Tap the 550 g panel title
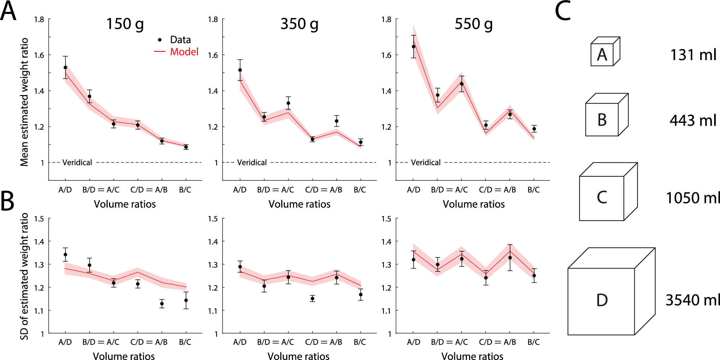tap(473, 24)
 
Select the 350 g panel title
tap(299, 24)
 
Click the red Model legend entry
tap(184, 52)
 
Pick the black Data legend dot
tap(160, 40)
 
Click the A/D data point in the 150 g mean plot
tap(65, 67)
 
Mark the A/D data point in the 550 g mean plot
tap(414, 46)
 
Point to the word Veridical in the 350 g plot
tap(252, 162)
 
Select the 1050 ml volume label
tap(692, 198)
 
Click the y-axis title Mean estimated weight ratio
tap(24, 102)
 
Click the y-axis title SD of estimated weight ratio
tap(24, 276)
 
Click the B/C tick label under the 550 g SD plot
tap(534, 342)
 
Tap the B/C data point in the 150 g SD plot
tap(186, 300)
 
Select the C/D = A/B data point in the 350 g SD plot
tap(312, 298)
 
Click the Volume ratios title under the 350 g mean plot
tap(299, 204)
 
